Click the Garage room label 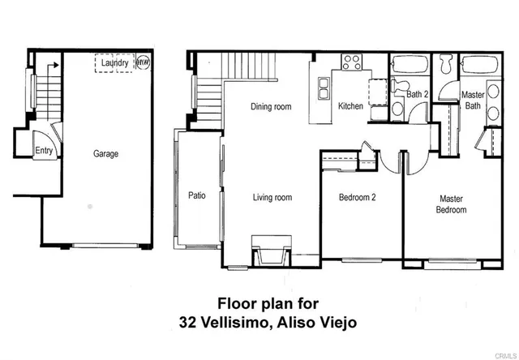click(105, 153)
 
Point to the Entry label click(43, 151)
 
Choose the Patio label click(196, 195)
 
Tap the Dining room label click(270, 107)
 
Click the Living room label click(272, 197)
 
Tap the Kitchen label click(350, 107)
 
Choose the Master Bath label click(473, 100)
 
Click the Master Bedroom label click(452, 204)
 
